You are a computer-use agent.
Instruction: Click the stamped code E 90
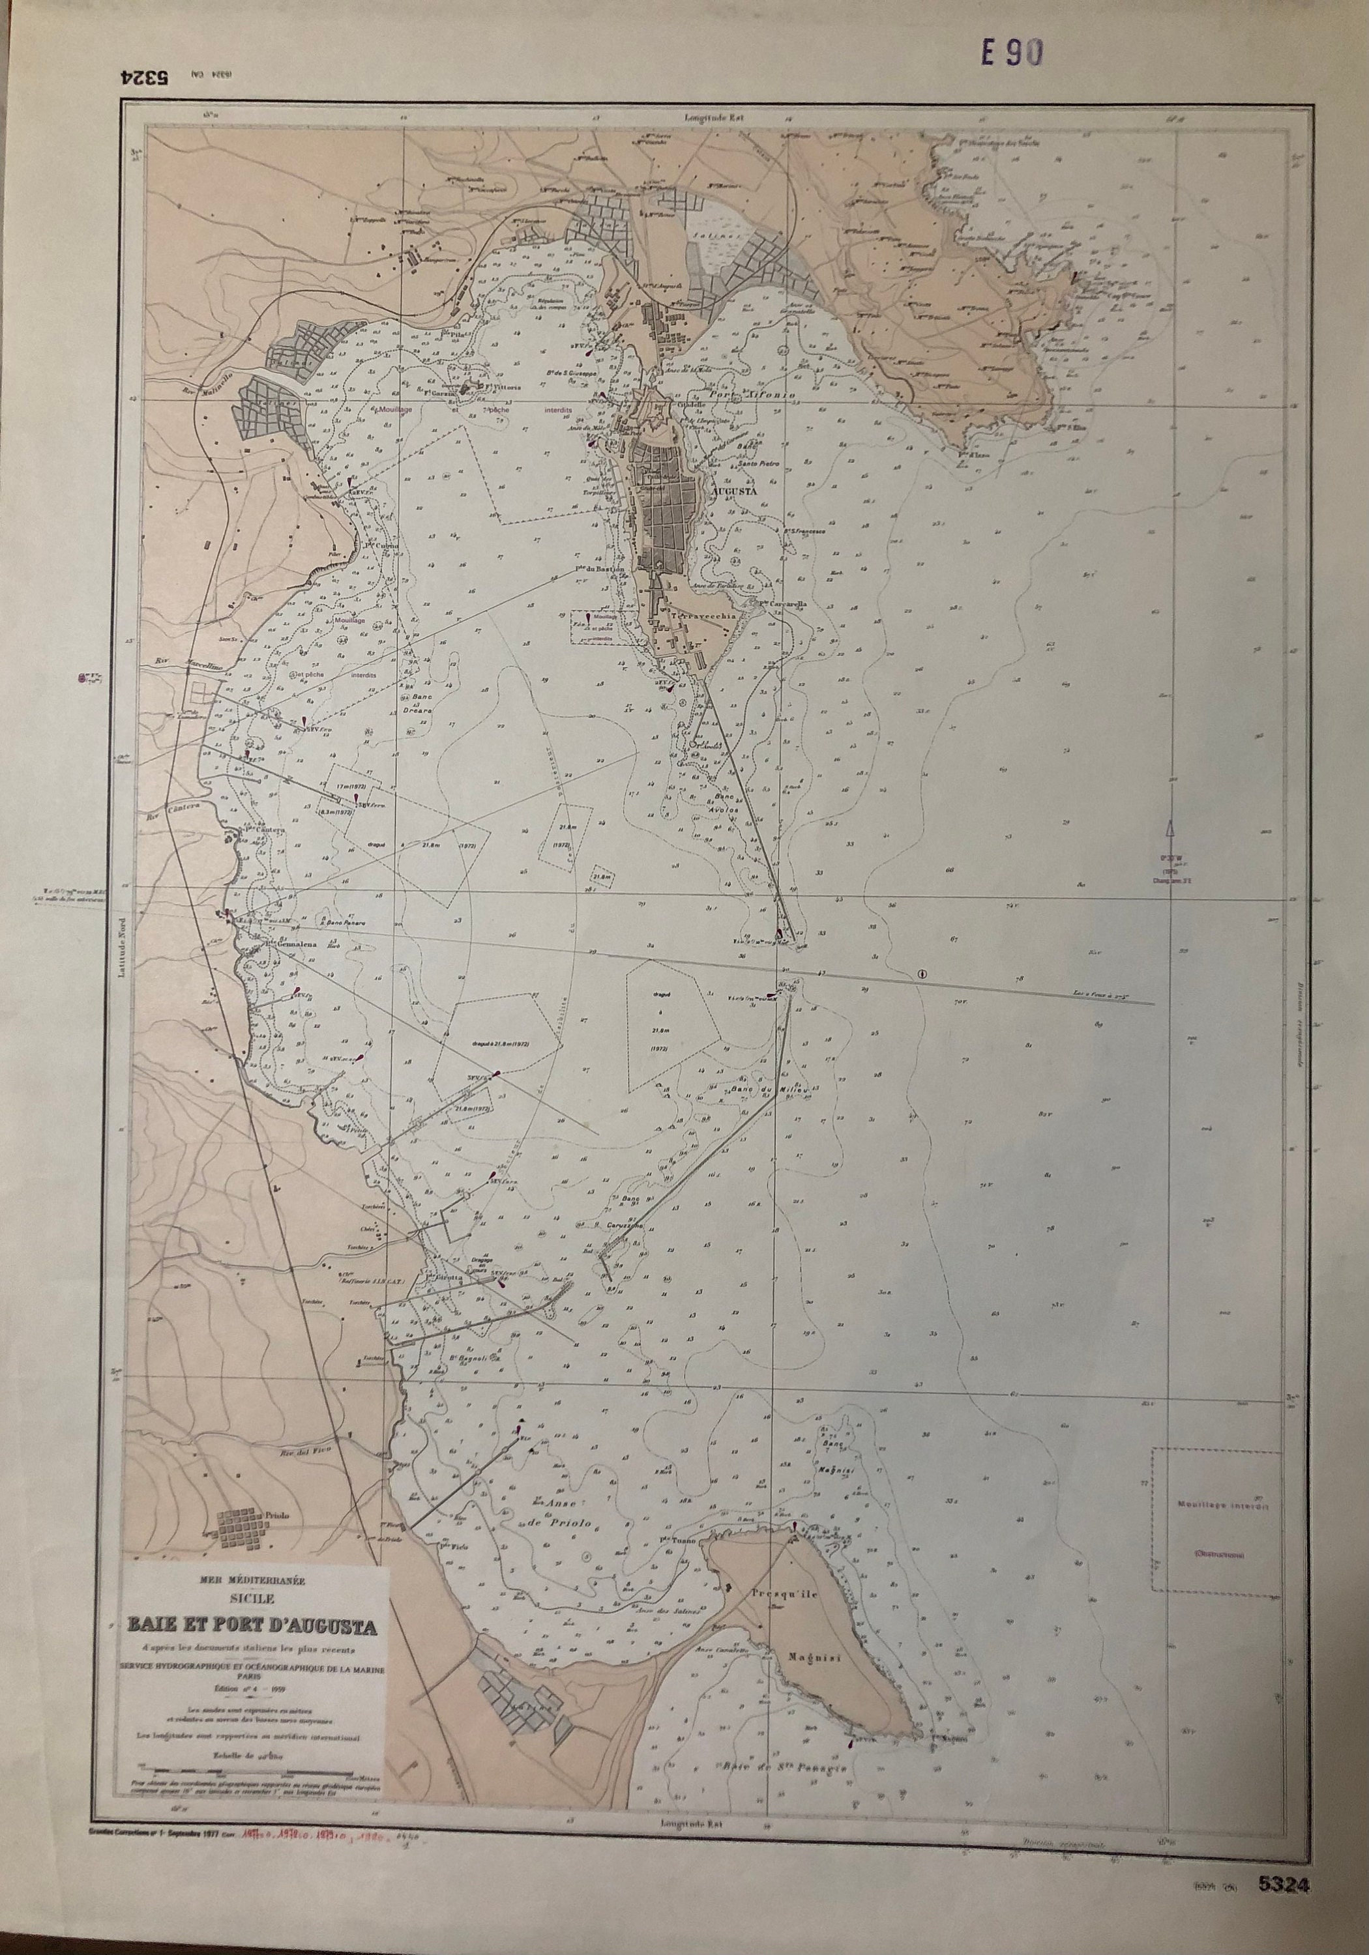click(1011, 53)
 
